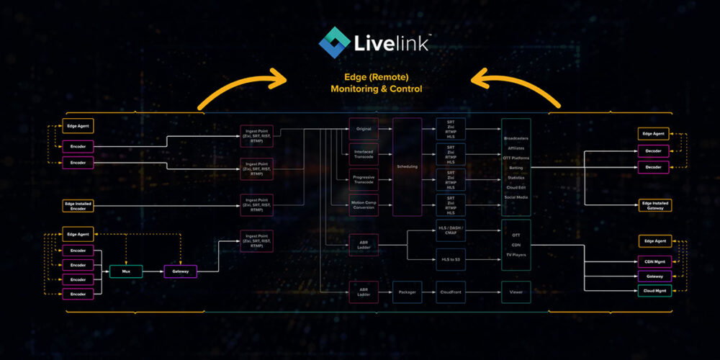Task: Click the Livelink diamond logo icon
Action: click(x=334, y=41)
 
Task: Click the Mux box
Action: click(x=125, y=271)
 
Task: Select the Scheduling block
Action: click(x=407, y=166)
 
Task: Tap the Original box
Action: click(x=364, y=129)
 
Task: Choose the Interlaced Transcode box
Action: click(x=364, y=154)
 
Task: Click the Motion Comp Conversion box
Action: click(x=364, y=204)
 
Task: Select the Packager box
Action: click(x=407, y=292)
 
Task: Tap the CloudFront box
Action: click(x=451, y=292)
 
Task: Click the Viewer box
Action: click(x=516, y=292)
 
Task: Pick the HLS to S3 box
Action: click(x=451, y=257)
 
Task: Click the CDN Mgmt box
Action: click(x=654, y=261)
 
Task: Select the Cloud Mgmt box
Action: click(x=654, y=289)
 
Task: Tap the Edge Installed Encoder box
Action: click(x=78, y=206)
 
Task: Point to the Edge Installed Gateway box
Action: click(x=654, y=205)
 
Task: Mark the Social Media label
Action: click(x=516, y=197)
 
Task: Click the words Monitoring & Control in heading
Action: click(x=376, y=89)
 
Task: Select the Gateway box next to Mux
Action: click(x=180, y=271)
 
